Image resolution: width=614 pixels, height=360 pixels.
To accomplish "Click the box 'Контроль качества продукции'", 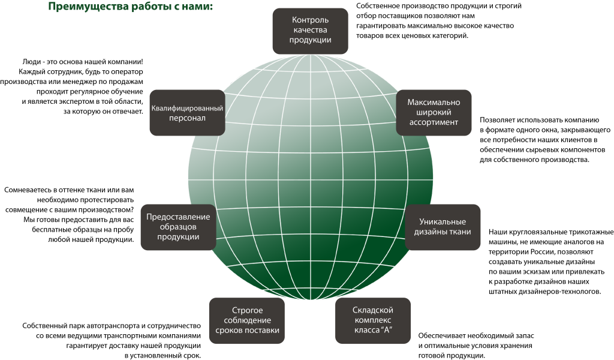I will pyautogui.click(x=310, y=31).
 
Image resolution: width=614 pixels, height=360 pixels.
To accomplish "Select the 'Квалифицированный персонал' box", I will pyautogui.click(x=187, y=113).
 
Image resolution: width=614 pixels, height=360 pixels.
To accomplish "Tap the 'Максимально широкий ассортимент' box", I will pyautogui.click(x=434, y=112).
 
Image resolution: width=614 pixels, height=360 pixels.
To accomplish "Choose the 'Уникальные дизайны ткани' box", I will pyautogui.click(x=443, y=227).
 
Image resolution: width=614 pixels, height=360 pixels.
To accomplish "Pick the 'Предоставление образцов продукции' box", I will pyautogui.click(x=178, y=227).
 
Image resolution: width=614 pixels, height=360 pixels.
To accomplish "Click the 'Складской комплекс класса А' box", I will pyautogui.click(x=372, y=320).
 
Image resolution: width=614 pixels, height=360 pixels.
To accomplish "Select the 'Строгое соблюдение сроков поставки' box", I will pyautogui.click(x=246, y=320).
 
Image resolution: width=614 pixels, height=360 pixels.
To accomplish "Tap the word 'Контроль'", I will pyautogui.click(x=310, y=20).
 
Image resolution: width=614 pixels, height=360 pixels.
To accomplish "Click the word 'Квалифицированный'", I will pyautogui.click(x=187, y=109).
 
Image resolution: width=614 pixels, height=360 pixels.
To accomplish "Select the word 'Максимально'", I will pyautogui.click(x=434, y=102).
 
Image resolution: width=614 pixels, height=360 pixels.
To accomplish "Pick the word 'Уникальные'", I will pyautogui.click(x=443, y=222).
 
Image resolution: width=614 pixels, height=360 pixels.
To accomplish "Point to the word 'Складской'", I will pyautogui.click(x=372, y=310).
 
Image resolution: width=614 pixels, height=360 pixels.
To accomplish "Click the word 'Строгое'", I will pyautogui.click(x=247, y=310).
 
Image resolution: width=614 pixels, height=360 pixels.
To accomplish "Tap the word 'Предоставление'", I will pyautogui.click(x=178, y=217).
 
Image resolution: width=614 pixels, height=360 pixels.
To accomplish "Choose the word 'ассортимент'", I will pyautogui.click(x=434, y=122).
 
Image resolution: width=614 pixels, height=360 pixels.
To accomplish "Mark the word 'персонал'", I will pyautogui.click(x=187, y=118).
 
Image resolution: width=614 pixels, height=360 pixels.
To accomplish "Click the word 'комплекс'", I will pyautogui.click(x=372, y=320).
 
